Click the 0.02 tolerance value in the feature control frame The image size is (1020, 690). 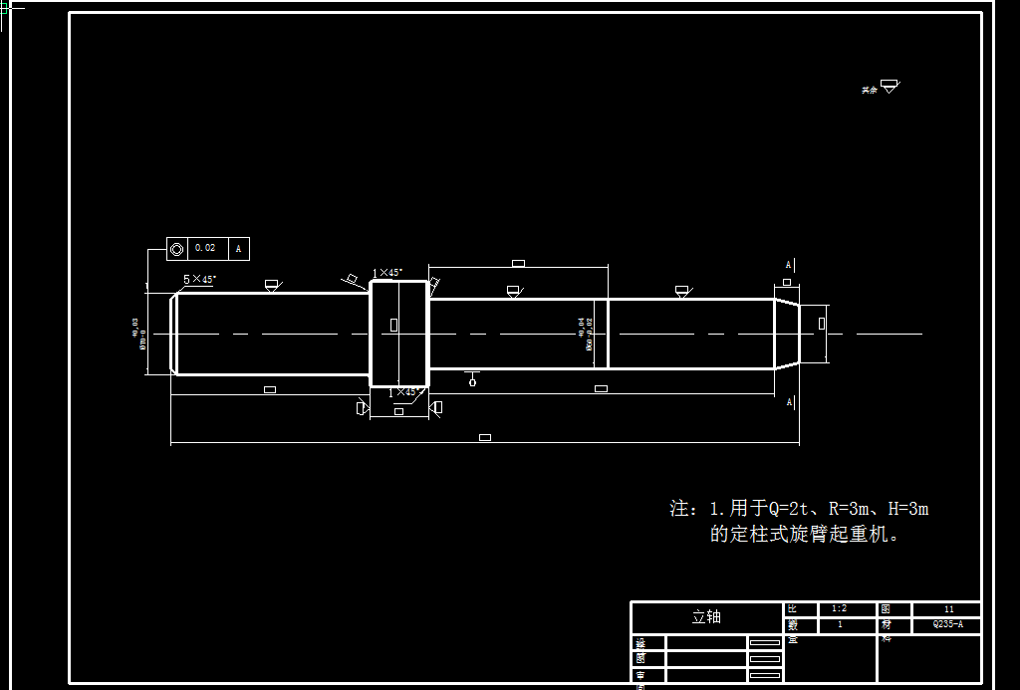[204, 248]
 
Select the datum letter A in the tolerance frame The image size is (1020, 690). [239, 248]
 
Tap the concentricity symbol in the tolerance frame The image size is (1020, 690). [177, 248]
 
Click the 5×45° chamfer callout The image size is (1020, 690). [199, 280]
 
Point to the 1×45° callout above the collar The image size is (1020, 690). [386, 272]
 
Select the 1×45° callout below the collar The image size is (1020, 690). [401, 392]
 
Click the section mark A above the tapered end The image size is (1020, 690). [789, 265]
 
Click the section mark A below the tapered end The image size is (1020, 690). [789, 402]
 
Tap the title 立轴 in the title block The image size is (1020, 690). [706, 617]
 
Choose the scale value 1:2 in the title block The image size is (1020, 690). [839, 608]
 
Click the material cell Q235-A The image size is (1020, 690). [947, 625]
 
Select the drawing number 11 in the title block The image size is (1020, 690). [948, 608]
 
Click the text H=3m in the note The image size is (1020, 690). [907, 509]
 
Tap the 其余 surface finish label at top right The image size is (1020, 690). [870, 90]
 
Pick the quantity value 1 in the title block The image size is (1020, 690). [840, 625]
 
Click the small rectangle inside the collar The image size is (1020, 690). [393, 325]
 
